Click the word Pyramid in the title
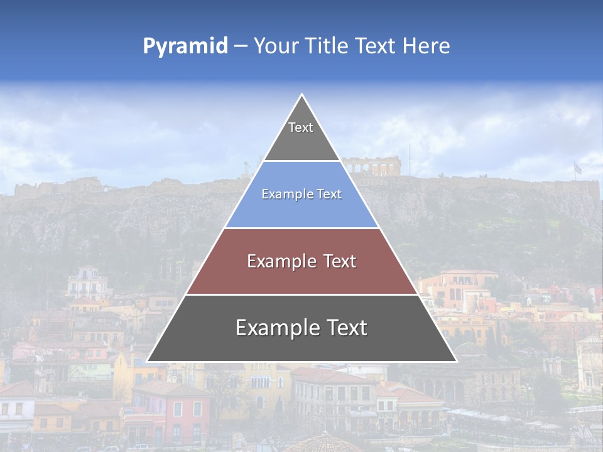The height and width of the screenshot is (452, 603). click(185, 46)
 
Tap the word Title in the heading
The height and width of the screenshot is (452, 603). click(329, 46)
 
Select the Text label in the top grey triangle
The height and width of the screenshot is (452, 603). click(301, 127)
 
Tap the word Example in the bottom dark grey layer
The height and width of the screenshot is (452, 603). click(274, 328)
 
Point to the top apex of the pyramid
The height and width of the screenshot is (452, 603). click(301, 95)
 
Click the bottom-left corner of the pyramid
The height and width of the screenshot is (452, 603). click(147, 362)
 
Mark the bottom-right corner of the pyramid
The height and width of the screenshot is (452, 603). click(456, 362)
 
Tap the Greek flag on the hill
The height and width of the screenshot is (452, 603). click(577, 168)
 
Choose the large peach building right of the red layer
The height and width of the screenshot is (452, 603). click(459, 289)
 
